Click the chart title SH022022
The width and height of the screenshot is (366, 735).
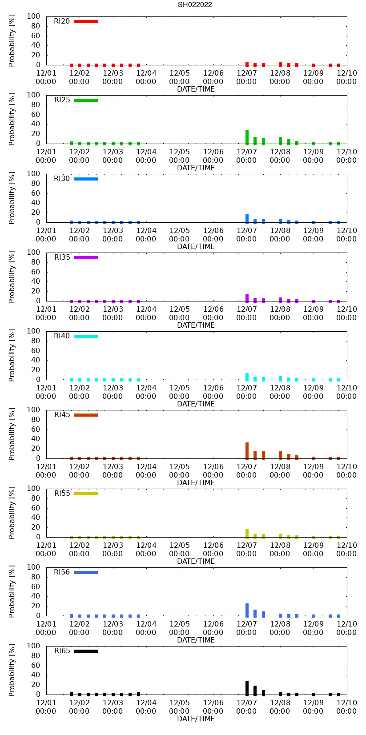pos(195,5)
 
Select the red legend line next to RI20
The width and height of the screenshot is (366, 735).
pos(86,21)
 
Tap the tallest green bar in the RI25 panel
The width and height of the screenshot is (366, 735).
pos(247,137)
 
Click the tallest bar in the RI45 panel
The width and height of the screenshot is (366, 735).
pos(247,450)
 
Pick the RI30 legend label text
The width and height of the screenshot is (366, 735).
pos(62,179)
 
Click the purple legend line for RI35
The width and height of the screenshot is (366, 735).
pos(86,257)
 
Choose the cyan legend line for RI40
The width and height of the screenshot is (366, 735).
pos(86,336)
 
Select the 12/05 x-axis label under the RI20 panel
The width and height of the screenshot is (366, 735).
pos(179,77)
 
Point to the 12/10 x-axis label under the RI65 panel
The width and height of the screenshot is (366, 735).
pos(346,707)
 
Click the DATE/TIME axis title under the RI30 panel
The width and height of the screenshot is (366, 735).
pos(196,247)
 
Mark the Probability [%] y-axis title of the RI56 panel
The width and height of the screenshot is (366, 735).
pos(12,592)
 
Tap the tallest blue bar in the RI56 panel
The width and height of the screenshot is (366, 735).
pos(247,610)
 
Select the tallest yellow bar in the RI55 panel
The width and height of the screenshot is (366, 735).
pos(247,533)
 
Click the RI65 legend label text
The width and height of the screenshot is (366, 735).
pos(62,651)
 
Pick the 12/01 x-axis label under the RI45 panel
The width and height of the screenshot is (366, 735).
pos(46,471)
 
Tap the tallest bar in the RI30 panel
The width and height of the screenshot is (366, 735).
pos(247,218)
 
